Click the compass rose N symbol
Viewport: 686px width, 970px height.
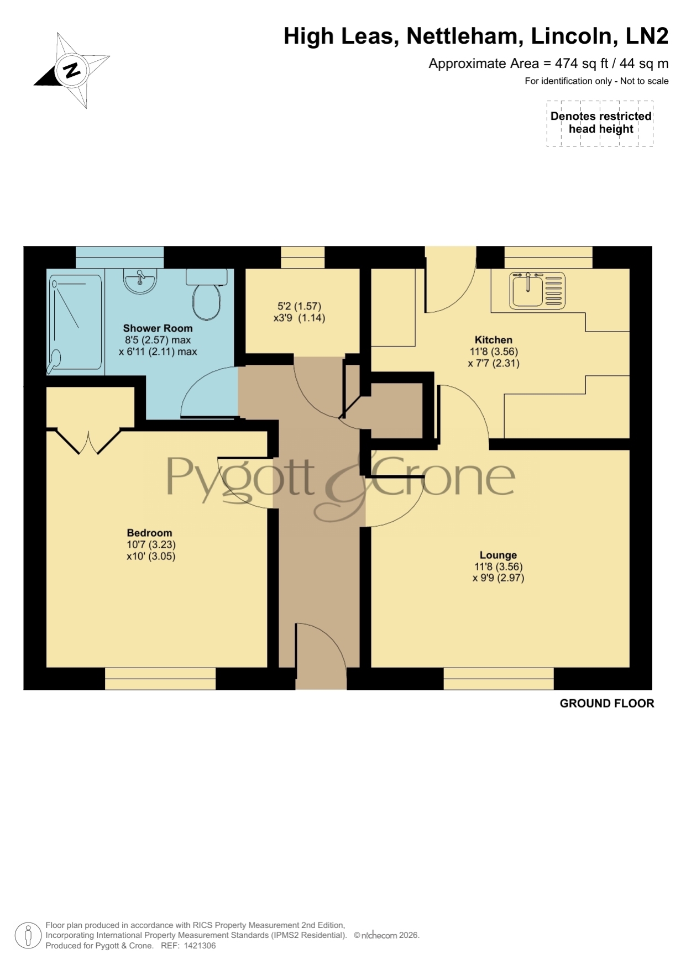coord(71,70)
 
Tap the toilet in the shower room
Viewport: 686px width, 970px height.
coord(207,294)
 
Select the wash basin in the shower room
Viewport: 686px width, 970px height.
coord(141,280)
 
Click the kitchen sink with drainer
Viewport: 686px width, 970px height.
coord(538,290)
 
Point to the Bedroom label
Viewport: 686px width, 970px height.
coord(149,533)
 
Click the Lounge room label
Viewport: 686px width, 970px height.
coord(498,555)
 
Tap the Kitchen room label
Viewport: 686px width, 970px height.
coord(494,340)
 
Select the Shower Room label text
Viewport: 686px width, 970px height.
coord(158,328)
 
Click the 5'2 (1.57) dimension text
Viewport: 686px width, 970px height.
coord(299,306)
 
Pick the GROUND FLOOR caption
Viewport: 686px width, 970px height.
coord(607,704)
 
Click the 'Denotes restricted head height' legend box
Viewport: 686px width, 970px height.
coord(600,123)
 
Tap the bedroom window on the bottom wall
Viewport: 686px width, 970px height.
coord(160,679)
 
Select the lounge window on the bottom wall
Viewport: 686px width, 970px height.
coord(499,679)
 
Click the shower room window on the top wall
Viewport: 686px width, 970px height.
coord(120,257)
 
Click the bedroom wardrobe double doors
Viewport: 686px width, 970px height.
coord(89,442)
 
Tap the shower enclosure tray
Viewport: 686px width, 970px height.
coord(76,322)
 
